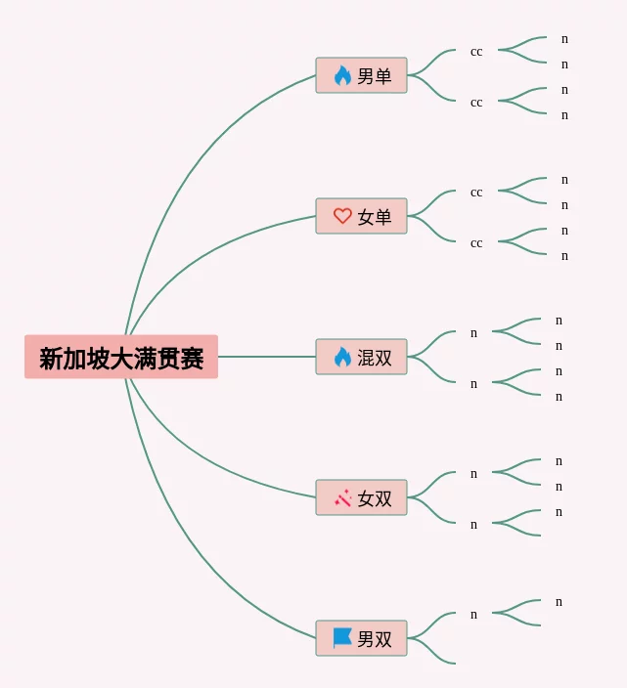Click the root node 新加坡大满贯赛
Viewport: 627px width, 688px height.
121,357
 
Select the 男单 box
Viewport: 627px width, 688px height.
361,75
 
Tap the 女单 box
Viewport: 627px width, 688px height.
361,216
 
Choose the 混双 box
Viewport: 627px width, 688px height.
361,357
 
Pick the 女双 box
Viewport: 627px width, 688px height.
361,497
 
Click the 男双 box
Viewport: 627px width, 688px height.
361,638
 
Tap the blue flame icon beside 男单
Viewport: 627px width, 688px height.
342,75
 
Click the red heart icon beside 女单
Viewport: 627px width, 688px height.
342,216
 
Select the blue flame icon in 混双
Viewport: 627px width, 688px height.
342,357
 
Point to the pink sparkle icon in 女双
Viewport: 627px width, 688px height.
343,498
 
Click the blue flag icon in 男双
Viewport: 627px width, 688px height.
342,638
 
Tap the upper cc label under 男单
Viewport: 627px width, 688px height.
476,52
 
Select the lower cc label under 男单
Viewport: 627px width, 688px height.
476,104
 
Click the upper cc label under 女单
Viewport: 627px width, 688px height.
476,193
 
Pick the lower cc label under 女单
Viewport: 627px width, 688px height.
476,244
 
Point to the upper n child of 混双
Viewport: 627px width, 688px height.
473,333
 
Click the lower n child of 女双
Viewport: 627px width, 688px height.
473,525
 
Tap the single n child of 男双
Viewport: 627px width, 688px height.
473,615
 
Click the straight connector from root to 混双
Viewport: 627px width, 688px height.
267,357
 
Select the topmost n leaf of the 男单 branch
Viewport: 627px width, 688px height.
564,39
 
